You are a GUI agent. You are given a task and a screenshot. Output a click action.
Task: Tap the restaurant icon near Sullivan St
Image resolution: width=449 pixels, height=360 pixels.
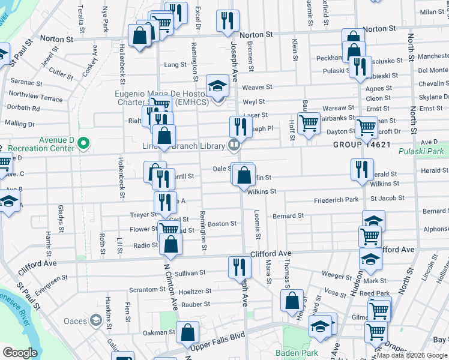[239, 266]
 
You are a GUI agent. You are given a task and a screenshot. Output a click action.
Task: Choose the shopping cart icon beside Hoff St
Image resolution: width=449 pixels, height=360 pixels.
[309, 124]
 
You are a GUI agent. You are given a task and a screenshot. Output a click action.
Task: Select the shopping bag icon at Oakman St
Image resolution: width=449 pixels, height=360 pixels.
[187, 331]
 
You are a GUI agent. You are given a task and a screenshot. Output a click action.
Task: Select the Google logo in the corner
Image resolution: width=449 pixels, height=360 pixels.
[19, 353]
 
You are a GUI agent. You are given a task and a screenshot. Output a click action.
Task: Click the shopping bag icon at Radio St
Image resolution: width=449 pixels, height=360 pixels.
[171, 244]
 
